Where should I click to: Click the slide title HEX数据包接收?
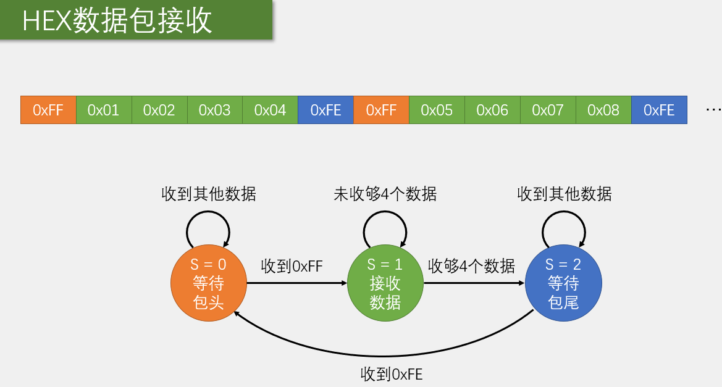[x=117, y=21]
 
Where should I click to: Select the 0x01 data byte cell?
[x=104, y=110]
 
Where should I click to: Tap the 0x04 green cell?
[x=270, y=110]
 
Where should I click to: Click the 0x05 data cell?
[x=437, y=110]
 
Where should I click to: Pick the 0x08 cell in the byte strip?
[x=603, y=110]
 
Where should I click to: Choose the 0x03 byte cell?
[x=214, y=110]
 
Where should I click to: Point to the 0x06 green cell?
[x=492, y=110]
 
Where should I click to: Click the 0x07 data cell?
[x=548, y=110]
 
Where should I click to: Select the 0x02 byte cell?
[x=159, y=110]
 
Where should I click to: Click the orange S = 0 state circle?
[x=209, y=283]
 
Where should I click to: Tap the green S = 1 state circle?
[x=385, y=283]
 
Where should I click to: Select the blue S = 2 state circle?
[x=563, y=283]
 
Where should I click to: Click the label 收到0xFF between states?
[x=292, y=267]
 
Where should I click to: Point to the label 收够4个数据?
[x=471, y=266]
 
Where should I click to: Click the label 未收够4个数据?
[x=385, y=194]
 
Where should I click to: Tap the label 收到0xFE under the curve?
[x=392, y=374]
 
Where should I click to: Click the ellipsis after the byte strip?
[x=713, y=110]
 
